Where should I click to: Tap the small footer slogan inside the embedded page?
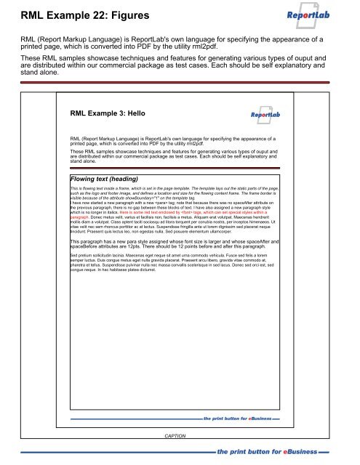[237, 419]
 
